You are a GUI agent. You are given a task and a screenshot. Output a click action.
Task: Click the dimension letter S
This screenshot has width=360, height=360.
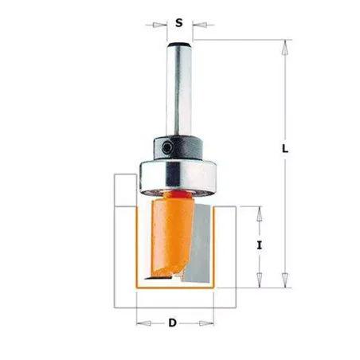179,23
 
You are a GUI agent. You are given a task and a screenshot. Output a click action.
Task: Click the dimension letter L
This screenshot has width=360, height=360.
285,149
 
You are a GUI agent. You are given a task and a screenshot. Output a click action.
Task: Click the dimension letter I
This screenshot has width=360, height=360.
260,245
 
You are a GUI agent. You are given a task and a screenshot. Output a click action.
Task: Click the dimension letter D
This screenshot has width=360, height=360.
173,323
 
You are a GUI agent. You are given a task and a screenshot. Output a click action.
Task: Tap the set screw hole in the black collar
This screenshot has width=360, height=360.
167,147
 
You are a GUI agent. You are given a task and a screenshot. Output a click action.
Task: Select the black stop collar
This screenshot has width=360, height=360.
178,148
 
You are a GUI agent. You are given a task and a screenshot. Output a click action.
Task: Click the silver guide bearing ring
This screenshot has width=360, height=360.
178,178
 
